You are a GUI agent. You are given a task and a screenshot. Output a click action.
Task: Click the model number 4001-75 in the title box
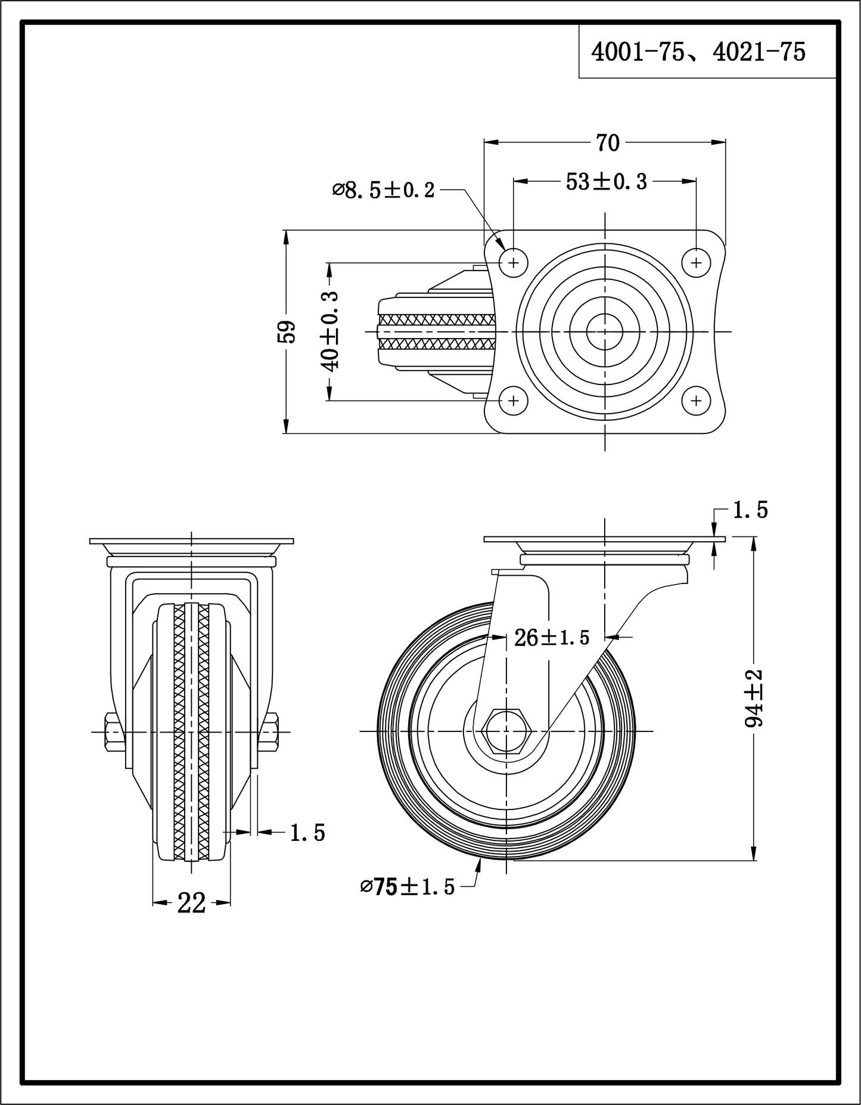pos(636,53)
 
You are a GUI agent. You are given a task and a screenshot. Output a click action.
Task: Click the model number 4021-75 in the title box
pos(759,53)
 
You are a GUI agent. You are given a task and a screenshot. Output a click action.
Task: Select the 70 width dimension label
pos(607,143)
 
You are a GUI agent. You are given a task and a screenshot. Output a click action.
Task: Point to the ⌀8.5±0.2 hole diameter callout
pos(383,191)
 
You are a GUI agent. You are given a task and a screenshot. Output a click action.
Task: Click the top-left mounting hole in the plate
pos(514,262)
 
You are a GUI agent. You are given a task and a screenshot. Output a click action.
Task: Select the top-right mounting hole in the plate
pos(696,262)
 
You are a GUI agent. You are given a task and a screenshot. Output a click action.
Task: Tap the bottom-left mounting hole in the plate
pos(514,401)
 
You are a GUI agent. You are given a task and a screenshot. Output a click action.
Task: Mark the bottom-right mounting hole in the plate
pos(696,401)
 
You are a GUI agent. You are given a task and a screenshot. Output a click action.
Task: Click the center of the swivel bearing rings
pos(604,332)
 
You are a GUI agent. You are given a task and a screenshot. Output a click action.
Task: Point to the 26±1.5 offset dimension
pos(551,638)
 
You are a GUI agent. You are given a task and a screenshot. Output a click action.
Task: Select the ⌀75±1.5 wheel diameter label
pos(407,887)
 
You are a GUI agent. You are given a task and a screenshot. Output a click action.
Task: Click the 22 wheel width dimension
pos(191,904)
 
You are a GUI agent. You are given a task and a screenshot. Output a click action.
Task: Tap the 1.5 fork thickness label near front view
pos(307,833)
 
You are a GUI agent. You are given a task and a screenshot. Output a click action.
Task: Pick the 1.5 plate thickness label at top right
pos(750,510)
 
